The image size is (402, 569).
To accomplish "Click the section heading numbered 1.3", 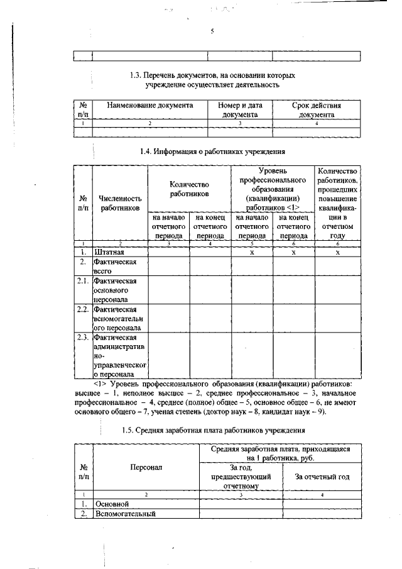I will pyautogui.click(x=212, y=79).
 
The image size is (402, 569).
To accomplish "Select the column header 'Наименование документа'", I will pyautogui.click(x=149, y=106).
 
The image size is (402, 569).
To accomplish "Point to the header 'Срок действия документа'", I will pyautogui.click(x=317, y=110).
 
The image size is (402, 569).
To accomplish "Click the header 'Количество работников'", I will pyautogui.click(x=189, y=189).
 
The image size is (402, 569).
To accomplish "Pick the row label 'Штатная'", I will pyautogui.click(x=109, y=251).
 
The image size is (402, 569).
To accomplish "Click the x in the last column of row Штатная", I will pyautogui.click(x=337, y=251).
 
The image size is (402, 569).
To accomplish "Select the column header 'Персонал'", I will pyautogui.click(x=146, y=468).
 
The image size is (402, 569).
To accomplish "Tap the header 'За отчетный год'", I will pyautogui.click(x=322, y=477).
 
